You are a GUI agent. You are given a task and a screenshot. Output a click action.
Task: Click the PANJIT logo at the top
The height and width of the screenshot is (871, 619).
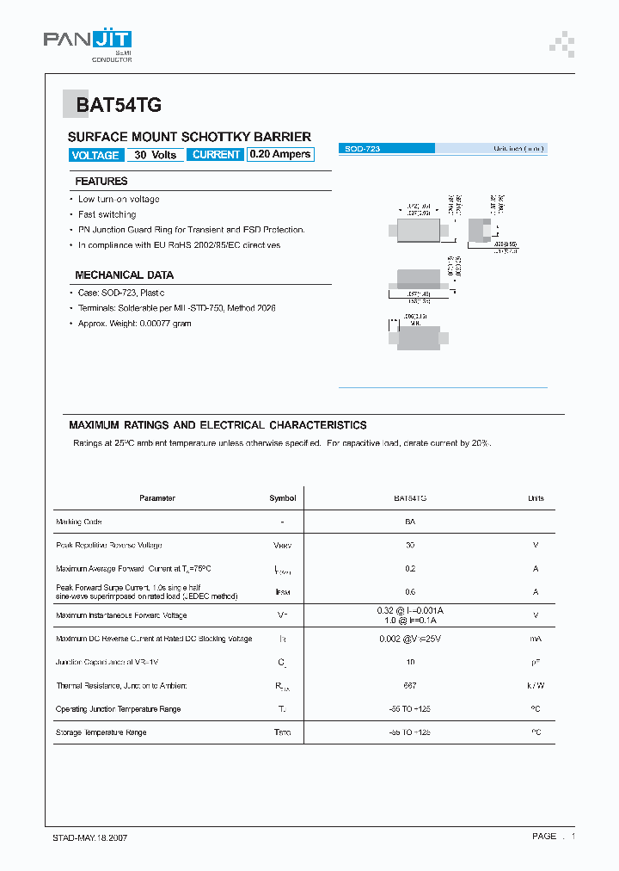[x=88, y=40]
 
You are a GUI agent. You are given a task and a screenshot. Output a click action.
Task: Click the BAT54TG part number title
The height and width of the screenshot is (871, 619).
[x=118, y=106]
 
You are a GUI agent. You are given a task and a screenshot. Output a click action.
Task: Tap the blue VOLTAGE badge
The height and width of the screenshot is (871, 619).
[x=95, y=155]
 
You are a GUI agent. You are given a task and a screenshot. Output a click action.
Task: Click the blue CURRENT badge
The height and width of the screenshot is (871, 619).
[x=216, y=155]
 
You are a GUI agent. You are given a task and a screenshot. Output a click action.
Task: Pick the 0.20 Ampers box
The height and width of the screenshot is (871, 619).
[x=280, y=155]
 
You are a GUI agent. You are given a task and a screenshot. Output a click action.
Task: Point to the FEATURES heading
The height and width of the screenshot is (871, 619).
[x=101, y=182]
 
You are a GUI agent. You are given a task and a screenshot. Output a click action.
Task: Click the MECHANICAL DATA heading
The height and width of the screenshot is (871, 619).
[x=125, y=275]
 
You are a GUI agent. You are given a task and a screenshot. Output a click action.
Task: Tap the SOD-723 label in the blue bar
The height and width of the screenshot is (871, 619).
[x=363, y=149]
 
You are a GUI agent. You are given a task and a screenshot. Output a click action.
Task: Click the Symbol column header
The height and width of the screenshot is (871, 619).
[x=282, y=498]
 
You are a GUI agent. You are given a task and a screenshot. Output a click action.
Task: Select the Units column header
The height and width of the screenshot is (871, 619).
[x=536, y=498]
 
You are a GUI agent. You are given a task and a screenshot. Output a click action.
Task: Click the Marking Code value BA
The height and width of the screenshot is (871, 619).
[x=410, y=522]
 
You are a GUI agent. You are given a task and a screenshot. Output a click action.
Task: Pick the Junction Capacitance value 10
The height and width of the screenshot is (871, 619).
[x=410, y=662]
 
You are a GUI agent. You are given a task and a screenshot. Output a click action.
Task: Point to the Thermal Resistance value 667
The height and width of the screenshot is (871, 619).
[x=410, y=685]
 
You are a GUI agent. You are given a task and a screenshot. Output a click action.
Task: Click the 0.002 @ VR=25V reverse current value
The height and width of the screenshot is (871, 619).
[x=410, y=639]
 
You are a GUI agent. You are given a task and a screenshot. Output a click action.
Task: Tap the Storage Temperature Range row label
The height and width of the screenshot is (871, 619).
[x=101, y=732]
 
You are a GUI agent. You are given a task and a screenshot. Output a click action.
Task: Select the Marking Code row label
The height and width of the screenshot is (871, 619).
[x=79, y=522]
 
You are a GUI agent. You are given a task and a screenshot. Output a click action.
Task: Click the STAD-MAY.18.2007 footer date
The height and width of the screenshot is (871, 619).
[x=86, y=837]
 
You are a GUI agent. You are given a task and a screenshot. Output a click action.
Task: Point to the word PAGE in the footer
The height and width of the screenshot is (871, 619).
[x=544, y=837]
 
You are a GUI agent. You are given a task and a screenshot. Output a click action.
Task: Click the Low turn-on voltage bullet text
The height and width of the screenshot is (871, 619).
[x=119, y=200]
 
